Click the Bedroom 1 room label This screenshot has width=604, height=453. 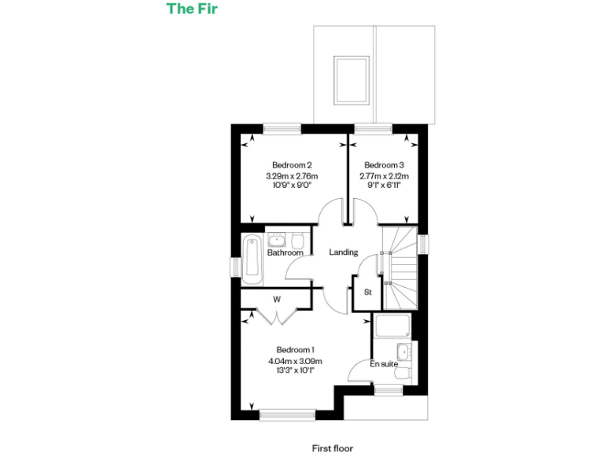(x=295, y=350)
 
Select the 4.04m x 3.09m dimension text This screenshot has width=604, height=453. (x=295, y=361)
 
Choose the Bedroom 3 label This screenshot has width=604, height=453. (x=384, y=164)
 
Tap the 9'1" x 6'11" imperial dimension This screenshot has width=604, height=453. (x=384, y=186)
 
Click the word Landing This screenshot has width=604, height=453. (x=344, y=252)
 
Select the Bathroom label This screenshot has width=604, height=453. (x=285, y=252)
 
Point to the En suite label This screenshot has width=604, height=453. (x=384, y=364)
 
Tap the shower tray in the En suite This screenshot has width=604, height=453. (x=391, y=326)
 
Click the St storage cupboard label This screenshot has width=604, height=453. (x=367, y=292)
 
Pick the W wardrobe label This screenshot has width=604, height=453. (x=277, y=299)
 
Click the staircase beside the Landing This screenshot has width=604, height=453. (x=400, y=267)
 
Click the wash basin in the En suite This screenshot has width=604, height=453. (x=403, y=351)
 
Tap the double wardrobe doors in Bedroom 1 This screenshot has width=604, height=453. (x=277, y=315)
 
